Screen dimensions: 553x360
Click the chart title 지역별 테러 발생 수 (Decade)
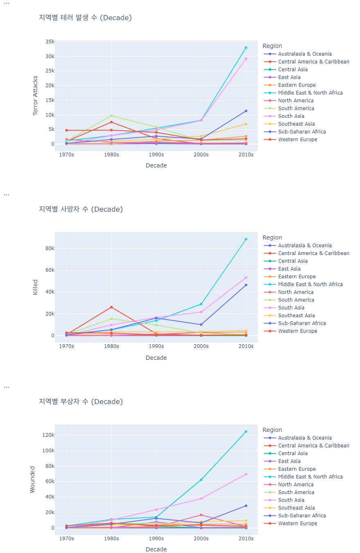[x=85, y=18]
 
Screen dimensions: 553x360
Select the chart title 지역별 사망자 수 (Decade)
[x=81, y=209]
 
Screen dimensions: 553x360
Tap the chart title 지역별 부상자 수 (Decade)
[x=81, y=402]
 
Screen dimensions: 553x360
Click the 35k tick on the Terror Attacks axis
[x=49, y=42]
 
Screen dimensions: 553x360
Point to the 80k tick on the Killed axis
[x=49, y=248]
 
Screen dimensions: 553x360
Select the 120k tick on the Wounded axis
[x=48, y=435]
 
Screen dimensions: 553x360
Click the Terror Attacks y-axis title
[x=35, y=95]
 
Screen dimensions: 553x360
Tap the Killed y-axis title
[x=35, y=287]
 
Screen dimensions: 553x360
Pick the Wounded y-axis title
[x=33, y=479]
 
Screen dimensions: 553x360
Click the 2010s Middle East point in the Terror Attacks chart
[x=246, y=47]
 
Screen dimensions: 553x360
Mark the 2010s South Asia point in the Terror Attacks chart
[x=246, y=59]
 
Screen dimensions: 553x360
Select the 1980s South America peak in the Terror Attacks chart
[x=111, y=115]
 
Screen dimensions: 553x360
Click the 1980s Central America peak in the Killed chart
[x=111, y=307]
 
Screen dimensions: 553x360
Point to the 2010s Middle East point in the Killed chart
[x=246, y=239]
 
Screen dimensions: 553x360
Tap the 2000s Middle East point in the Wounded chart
[x=201, y=480]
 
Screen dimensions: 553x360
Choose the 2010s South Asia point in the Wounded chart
[x=246, y=474]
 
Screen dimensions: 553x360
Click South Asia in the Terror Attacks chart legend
[x=291, y=116]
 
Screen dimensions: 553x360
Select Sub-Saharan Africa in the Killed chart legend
[x=302, y=323]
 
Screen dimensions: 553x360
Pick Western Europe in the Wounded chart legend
[x=297, y=524]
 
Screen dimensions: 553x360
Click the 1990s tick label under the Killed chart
[x=156, y=346]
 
